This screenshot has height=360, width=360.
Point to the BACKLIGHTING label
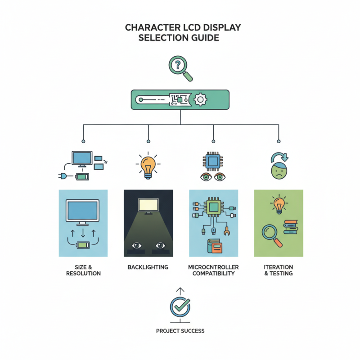148,267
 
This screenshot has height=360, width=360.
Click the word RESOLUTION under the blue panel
83,274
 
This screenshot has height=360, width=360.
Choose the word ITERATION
278,267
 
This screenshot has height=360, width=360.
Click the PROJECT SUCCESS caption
180,331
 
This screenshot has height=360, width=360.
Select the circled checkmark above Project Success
180,307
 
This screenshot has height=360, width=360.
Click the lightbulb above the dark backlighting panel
148,165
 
